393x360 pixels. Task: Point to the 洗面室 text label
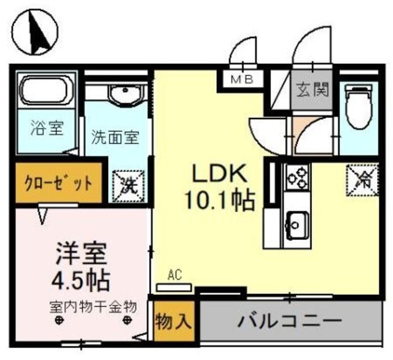[115, 136]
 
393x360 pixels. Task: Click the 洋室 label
[82, 253]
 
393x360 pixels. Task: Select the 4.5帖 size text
[80, 279]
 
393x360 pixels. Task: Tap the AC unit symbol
[174, 286]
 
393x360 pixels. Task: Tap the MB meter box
[245, 79]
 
